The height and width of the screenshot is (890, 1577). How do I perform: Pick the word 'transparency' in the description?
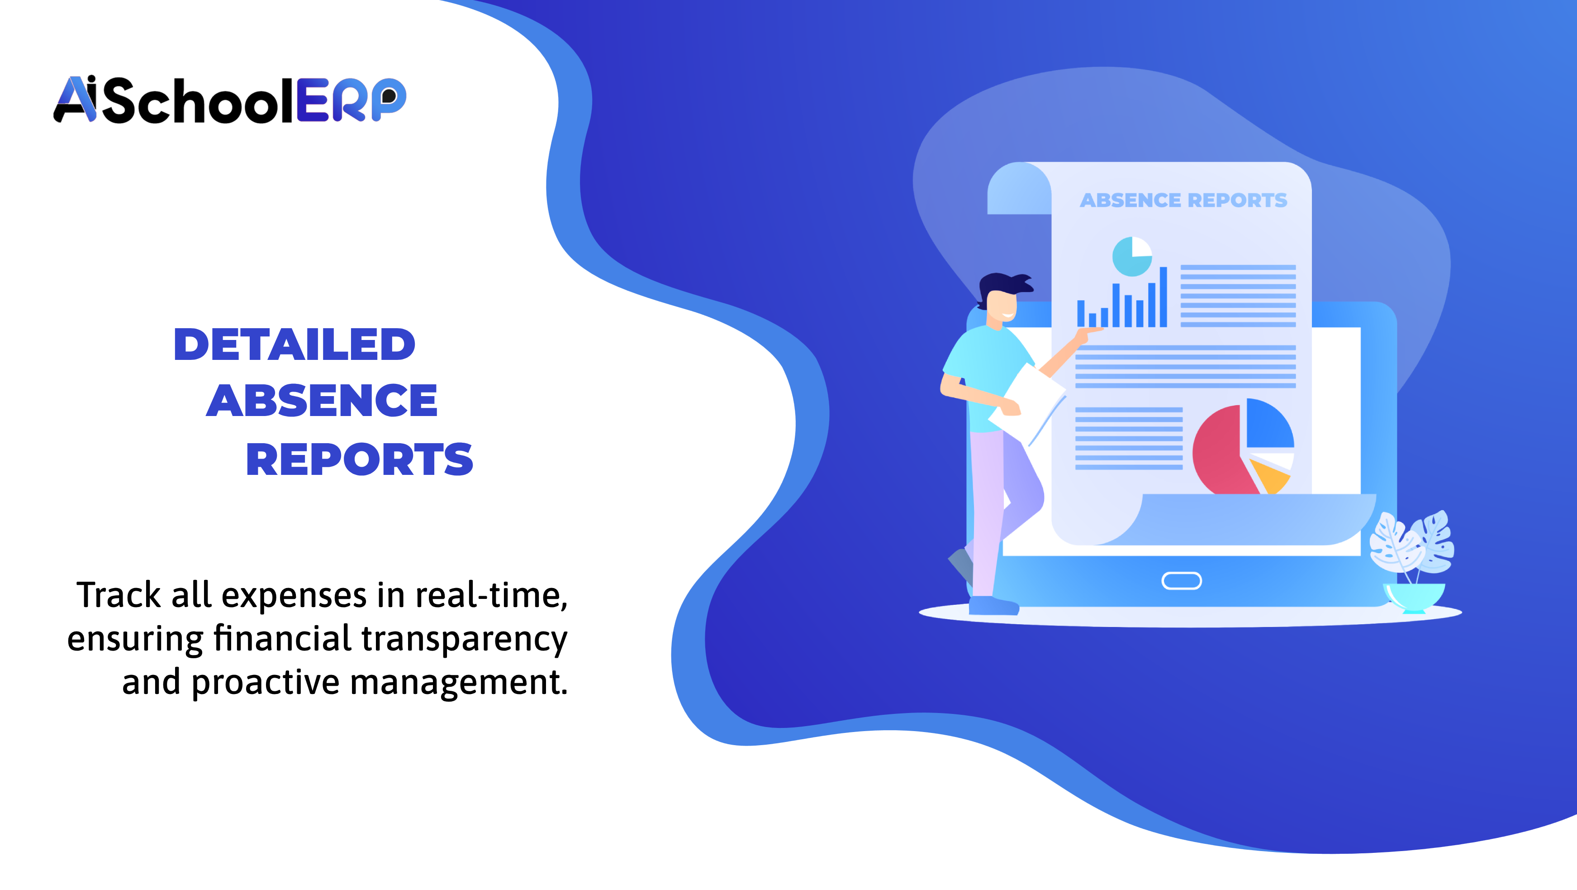click(464, 639)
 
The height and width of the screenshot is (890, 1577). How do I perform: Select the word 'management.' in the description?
click(459, 682)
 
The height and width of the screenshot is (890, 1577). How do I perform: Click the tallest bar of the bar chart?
click(1163, 297)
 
